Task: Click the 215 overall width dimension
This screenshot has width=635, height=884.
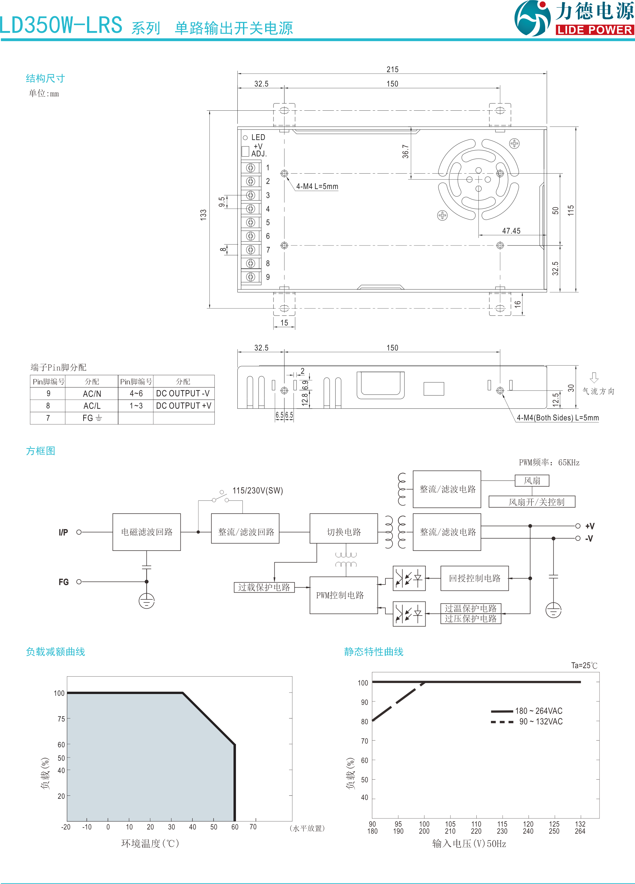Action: click(x=392, y=69)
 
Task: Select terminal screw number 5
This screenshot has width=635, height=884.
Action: click(x=251, y=222)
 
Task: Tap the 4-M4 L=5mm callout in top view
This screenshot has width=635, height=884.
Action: click(x=317, y=186)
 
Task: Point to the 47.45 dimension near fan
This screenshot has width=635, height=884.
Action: click(x=511, y=231)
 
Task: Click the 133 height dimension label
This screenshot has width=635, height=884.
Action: click(x=203, y=215)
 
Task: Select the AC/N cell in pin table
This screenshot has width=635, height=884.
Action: click(x=92, y=394)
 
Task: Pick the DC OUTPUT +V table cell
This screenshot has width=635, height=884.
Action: click(x=183, y=406)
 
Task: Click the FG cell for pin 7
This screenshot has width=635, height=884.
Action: click(x=92, y=418)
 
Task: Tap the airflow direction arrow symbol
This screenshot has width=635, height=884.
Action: click(x=594, y=377)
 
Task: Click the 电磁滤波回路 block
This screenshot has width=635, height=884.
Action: click(x=146, y=532)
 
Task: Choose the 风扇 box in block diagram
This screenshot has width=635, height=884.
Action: click(x=532, y=480)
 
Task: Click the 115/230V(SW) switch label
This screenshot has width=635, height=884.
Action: click(x=258, y=490)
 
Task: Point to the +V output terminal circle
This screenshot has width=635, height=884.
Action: click(x=578, y=526)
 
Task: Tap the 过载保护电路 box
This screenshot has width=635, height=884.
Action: click(x=264, y=587)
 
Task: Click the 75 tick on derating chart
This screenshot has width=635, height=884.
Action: click(x=61, y=719)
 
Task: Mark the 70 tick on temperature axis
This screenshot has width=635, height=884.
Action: click(x=253, y=827)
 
